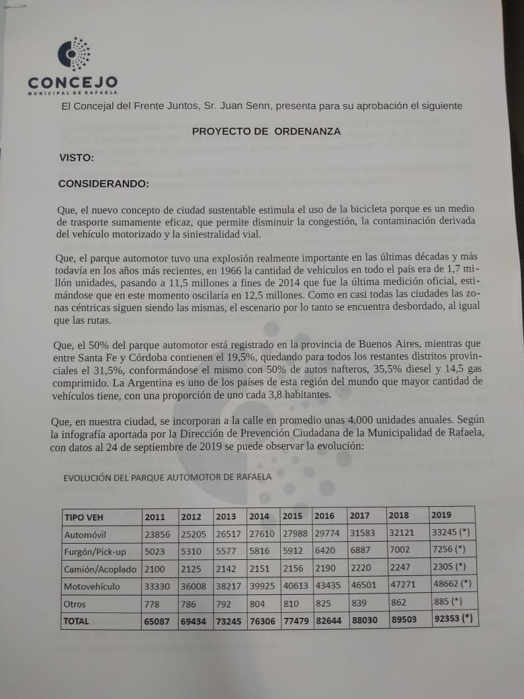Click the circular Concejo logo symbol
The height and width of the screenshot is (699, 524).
pyautogui.click(x=73, y=54)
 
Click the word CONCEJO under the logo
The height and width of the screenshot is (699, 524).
pyautogui.click(x=73, y=83)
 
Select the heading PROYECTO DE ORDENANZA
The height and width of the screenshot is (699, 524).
pyautogui.click(x=266, y=131)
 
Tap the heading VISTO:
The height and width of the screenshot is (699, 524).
pyautogui.click(x=76, y=158)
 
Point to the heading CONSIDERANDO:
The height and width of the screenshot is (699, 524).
pyautogui.click(x=103, y=183)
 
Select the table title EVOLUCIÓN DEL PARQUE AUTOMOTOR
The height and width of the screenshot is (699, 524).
pyautogui.click(x=167, y=477)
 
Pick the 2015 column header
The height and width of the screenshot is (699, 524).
pyautogui.click(x=292, y=516)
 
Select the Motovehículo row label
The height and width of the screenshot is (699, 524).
pyautogui.click(x=92, y=587)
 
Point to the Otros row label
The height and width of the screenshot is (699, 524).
pyautogui.click(x=75, y=604)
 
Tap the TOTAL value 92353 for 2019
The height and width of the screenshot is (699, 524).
pyautogui.click(x=453, y=619)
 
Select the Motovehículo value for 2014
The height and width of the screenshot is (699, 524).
pyautogui.click(x=262, y=587)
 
